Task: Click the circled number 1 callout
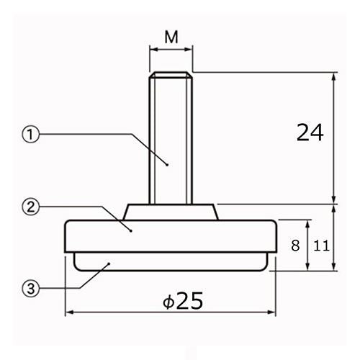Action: (x=30, y=135)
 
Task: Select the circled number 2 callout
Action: (x=30, y=207)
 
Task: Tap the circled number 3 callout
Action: (x=30, y=288)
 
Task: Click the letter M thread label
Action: (x=171, y=37)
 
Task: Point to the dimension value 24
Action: (x=310, y=132)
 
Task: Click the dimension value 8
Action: (x=295, y=246)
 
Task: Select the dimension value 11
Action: (x=321, y=246)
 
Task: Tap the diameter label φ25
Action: (x=183, y=300)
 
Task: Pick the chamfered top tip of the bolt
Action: (x=171, y=75)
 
